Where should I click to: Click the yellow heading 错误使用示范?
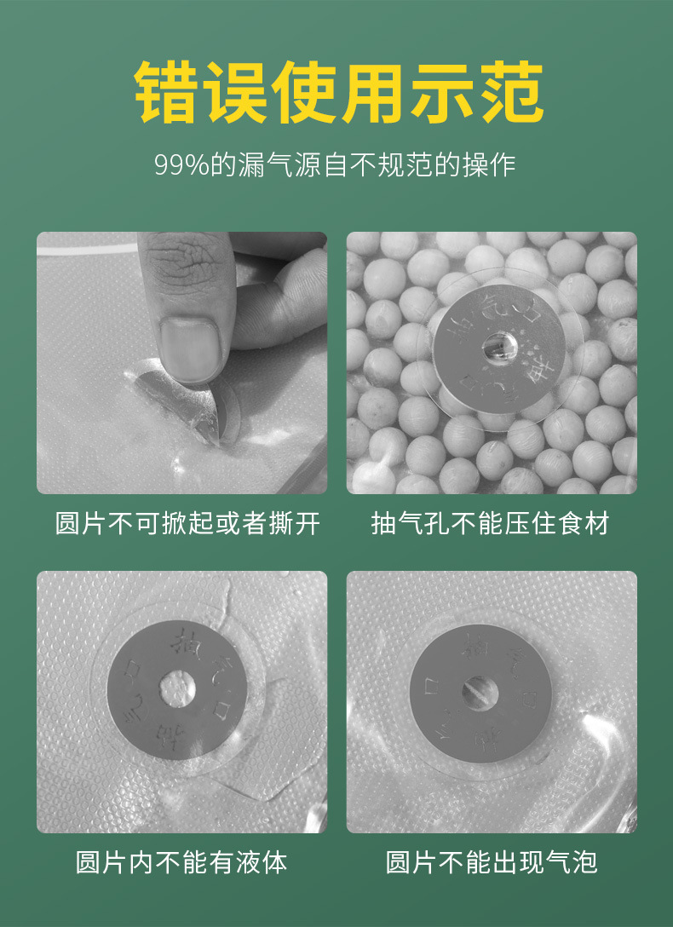tap(338, 92)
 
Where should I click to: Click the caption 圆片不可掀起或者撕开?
tap(188, 523)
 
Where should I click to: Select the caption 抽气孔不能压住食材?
tap(491, 523)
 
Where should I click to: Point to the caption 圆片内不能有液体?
tap(181, 862)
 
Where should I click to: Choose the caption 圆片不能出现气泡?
tap(492, 862)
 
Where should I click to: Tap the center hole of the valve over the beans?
tap(495, 347)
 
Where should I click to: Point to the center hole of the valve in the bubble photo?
tap(480, 689)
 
